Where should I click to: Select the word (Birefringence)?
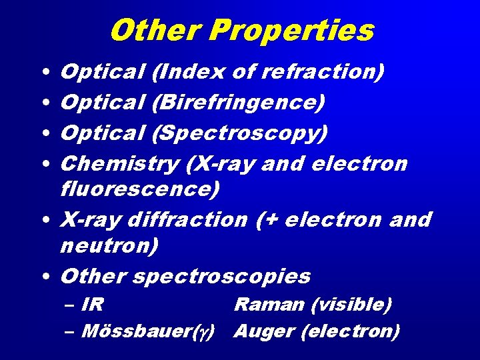tap(239, 103)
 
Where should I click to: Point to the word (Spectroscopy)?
tap(240, 133)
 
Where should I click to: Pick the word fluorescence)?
tap(139, 189)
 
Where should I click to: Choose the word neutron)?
tap(109, 246)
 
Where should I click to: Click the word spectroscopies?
tap(222, 275)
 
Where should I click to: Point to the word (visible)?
tap(351, 305)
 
